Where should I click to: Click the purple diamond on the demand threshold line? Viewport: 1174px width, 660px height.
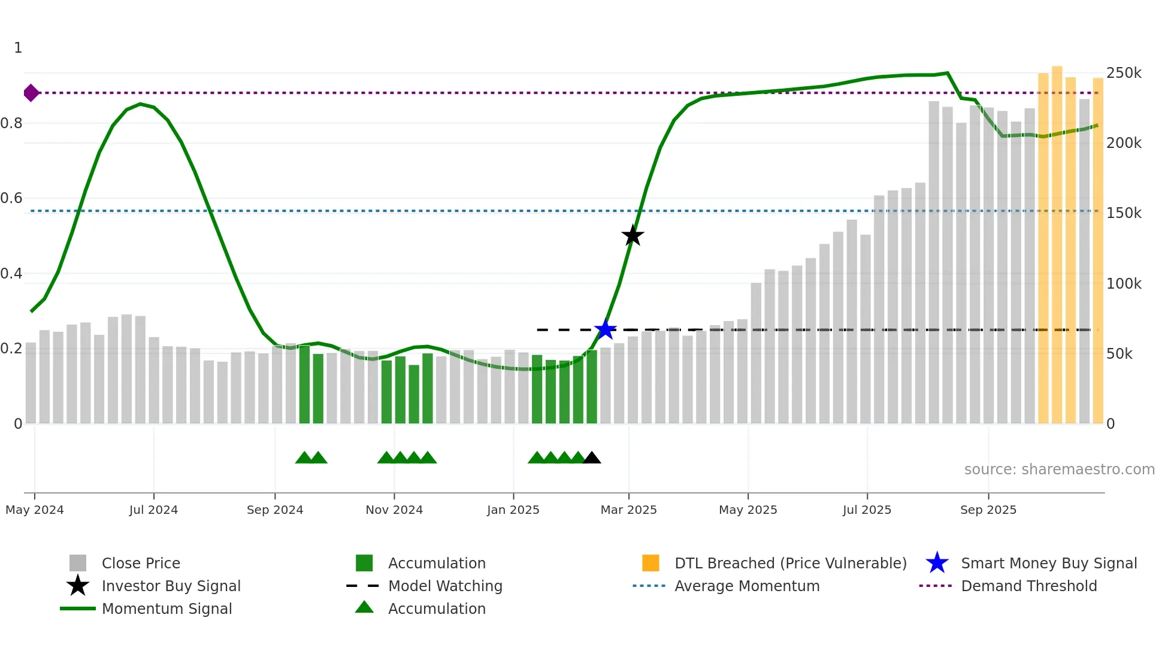[x=31, y=93]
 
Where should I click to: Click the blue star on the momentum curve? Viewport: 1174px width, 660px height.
[x=605, y=329]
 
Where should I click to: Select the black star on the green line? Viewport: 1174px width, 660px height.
[x=633, y=235]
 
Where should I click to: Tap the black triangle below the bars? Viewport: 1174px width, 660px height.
[x=592, y=458]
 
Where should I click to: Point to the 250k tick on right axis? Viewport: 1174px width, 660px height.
[x=1124, y=73]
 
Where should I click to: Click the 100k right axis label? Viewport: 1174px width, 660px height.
[x=1124, y=284]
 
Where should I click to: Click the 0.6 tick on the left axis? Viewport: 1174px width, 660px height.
[x=12, y=198]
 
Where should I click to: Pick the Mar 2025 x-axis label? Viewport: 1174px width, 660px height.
[x=628, y=510]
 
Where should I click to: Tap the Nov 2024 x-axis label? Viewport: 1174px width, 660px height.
[x=394, y=510]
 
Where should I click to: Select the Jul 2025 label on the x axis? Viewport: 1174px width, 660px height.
[x=867, y=510]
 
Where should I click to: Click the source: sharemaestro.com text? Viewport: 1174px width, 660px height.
[x=1059, y=470]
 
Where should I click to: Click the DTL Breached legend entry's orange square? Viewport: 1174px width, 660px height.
[x=650, y=563]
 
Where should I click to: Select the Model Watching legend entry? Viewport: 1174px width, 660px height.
[x=445, y=586]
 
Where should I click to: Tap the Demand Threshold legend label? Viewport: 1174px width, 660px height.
[x=1028, y=586]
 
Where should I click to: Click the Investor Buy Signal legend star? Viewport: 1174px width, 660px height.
[x=78, y=586]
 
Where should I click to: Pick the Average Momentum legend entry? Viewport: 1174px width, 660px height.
[x=746, y=586]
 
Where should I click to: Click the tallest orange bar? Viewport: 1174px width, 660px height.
[x=1057, y=246]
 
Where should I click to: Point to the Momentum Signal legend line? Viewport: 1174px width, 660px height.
[x=78, y=608]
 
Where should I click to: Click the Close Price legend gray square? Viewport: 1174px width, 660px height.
[x=78, y=563]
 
